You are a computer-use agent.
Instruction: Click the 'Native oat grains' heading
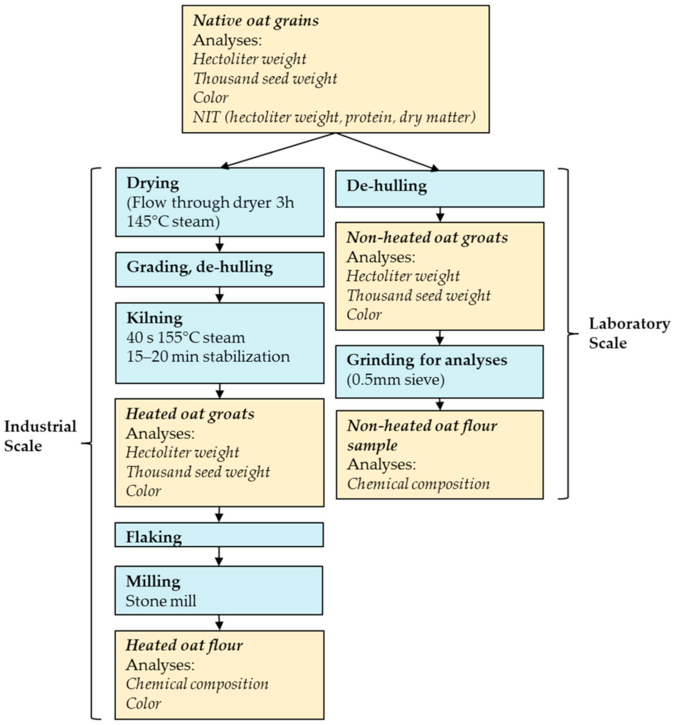256,21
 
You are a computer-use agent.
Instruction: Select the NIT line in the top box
334,117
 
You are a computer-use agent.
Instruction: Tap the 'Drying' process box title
153,183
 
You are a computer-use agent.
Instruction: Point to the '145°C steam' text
173,221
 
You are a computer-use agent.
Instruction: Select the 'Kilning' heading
154,318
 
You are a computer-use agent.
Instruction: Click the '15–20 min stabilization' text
208,357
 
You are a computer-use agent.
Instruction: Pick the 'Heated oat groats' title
190,414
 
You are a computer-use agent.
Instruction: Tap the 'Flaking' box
219,535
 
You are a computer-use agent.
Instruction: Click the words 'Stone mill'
161,601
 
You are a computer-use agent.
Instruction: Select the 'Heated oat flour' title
184,645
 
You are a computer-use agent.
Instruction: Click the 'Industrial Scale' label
40,436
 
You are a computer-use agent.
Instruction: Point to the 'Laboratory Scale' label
629,333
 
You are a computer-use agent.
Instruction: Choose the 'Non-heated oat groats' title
427,238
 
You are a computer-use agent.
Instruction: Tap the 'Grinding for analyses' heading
427,360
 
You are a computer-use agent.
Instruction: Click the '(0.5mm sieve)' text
395,380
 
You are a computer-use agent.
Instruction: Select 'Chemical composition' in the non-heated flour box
418,484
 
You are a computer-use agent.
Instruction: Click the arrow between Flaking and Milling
219,556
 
